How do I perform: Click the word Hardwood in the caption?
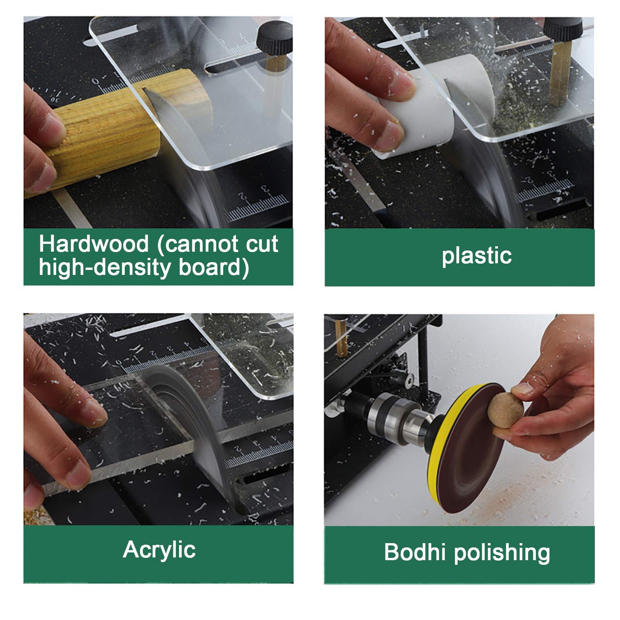[94, 244]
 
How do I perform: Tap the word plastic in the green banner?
[477, 256]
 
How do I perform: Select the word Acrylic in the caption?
[159, 551]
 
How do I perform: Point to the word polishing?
[502, 553]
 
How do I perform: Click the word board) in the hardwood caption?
[214, 267]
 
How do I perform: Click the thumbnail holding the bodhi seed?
[522, 389]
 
